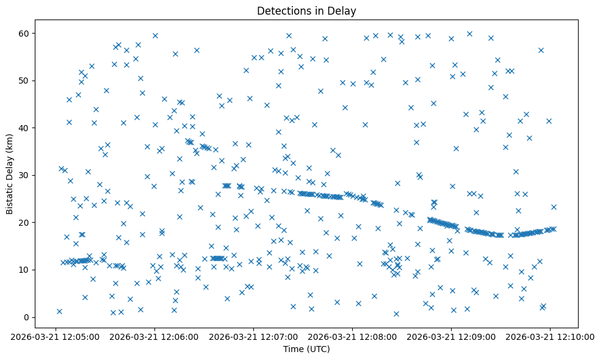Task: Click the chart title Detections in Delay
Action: (306, 10)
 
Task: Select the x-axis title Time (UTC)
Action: (306, 349)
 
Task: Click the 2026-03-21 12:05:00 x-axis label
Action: (56, 336)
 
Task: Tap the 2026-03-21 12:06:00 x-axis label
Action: (155, 336)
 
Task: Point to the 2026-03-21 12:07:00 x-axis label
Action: (254, 336)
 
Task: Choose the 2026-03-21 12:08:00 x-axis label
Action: (353, 336)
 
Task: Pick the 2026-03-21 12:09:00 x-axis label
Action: (451, 336)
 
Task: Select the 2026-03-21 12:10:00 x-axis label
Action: (550, 336)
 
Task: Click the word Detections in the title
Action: (283, 10)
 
